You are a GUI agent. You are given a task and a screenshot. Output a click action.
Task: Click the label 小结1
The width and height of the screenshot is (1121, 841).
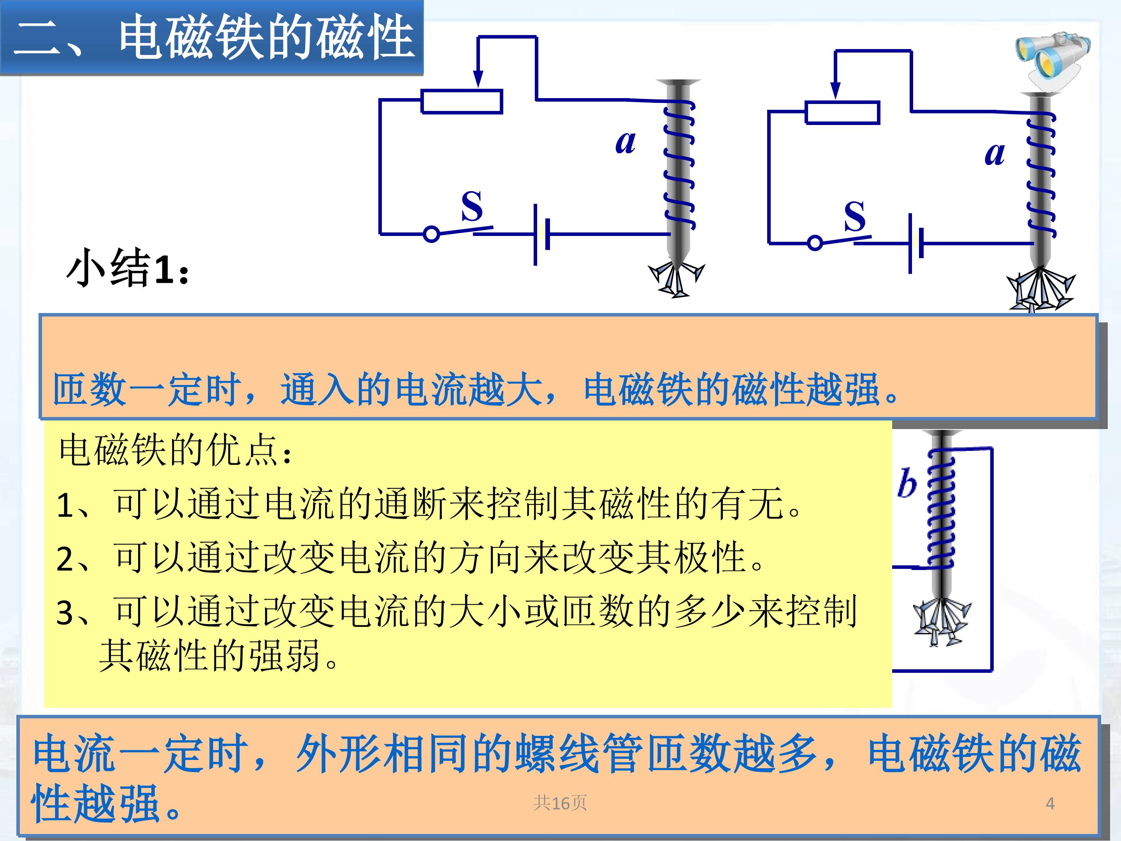128,267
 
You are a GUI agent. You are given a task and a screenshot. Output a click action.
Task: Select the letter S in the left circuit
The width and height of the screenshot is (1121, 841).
471,206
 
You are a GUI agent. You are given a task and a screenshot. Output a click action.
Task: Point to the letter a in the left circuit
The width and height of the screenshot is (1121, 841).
626,142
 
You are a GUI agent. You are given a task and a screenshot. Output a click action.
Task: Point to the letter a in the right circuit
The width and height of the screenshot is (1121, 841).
994,154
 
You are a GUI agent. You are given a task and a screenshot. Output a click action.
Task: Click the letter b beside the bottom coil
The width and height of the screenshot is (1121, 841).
907,483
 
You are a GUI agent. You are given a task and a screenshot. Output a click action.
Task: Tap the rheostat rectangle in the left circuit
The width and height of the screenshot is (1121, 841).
462,101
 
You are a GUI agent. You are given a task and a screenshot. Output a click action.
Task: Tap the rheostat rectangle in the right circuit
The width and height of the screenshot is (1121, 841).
842,113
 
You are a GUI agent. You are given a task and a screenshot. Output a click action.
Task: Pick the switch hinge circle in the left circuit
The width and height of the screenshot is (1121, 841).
431,234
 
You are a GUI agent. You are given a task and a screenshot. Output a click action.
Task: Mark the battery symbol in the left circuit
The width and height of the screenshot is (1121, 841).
541,235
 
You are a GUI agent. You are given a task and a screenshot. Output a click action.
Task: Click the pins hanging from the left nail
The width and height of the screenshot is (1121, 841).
676,279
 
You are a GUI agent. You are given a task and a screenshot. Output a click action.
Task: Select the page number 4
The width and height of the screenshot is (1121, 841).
1050,804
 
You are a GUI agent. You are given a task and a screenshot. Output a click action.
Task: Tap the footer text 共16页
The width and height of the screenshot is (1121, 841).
560,803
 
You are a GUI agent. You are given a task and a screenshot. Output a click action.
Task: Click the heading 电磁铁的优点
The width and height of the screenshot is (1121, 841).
175,450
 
